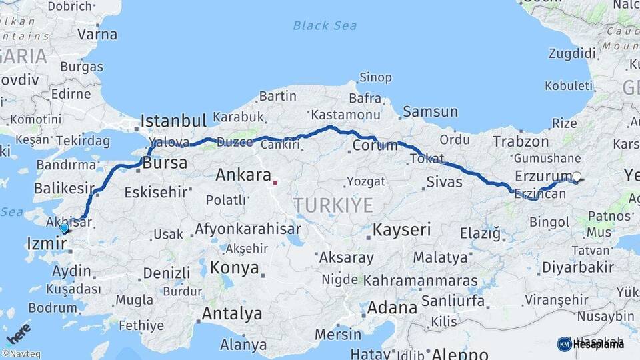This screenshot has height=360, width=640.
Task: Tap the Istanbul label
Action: point(173,121)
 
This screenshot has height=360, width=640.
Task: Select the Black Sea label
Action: point(325,26)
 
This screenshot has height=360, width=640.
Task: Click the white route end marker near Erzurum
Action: point(577,177)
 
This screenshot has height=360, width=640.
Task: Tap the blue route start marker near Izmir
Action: point(64,228)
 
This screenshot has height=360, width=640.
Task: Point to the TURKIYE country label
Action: point(333,205)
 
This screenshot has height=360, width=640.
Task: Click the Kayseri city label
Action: point(402,230)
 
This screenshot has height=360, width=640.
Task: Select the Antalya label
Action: point(232,313)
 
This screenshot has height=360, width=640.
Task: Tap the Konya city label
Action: point(234,268)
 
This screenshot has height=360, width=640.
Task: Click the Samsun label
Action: point(430,112)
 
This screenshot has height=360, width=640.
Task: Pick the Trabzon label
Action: point(521,141)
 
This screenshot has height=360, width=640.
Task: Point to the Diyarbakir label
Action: point(577,267)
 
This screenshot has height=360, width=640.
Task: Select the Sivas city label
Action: point(443,181)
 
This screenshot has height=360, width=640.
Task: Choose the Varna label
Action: point(97,34)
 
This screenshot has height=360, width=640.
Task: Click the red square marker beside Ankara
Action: point(275,181)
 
